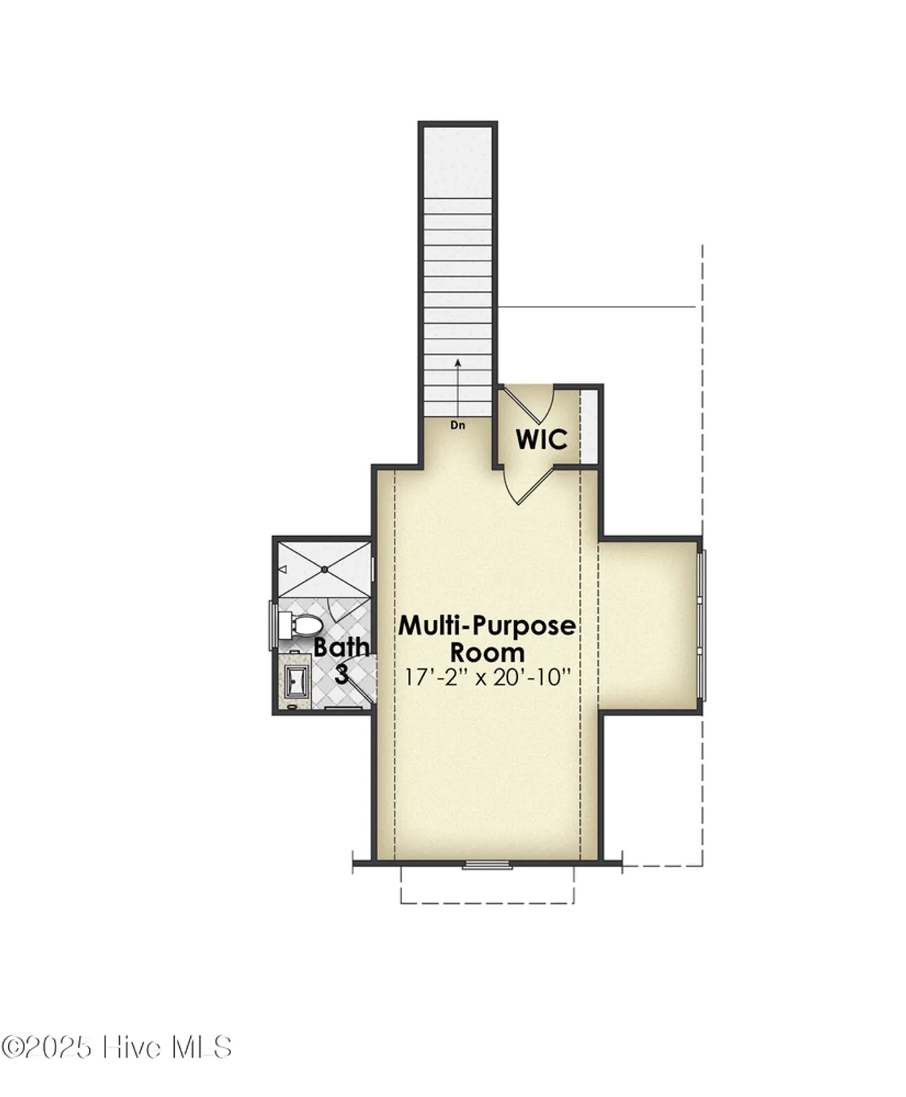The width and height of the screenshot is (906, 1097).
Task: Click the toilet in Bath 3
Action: pos(301,625)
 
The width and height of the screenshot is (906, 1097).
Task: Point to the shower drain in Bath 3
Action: pos(322,569)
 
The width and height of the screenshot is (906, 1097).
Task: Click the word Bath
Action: pos(341,647)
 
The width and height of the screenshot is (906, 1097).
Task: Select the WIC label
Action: pos(541,440)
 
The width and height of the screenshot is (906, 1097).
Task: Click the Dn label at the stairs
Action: pos(458,424)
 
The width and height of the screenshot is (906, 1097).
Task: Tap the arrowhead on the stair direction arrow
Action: pos(458,361)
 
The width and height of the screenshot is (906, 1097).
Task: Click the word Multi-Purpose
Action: pos(486,626)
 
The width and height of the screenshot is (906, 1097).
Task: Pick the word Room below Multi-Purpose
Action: pos(487,652)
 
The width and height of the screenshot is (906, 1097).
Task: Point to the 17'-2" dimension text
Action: pos(436,677)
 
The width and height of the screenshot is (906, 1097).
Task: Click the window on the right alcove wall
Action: pos(701,625)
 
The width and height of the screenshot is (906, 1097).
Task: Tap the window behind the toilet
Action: pos(273,625)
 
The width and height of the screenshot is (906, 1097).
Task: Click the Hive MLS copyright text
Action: pos(117,1047)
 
